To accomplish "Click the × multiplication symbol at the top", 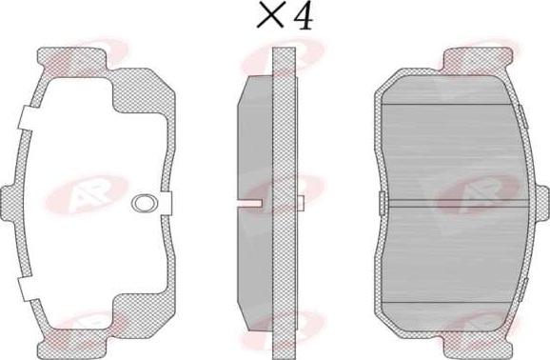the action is pyautogui.click(x=270, y=14).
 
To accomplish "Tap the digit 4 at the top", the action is pyautogui.click(x=303, y=16).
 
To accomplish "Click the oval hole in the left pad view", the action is pyautogui.click(x=145, y=204).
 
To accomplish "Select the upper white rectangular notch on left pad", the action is pyautogui.click(x=27, y=118).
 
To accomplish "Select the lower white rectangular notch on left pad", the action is pyautogui.click(x=27, y=289).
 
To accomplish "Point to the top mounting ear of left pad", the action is pyautogui.click(x=72, y=58).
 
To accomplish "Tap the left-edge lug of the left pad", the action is pyautogui.click(x=8, y=203).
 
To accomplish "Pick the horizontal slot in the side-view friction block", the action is pyautogui.click(x=249, y=204).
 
